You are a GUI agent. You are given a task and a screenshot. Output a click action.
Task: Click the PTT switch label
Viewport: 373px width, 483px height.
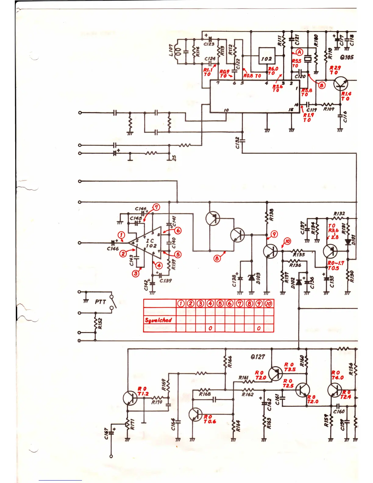click(100, 302)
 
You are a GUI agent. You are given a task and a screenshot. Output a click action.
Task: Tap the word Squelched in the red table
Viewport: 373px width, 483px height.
click(158, 320)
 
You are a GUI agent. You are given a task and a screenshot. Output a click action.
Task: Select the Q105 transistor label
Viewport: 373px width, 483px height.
click(347, 57)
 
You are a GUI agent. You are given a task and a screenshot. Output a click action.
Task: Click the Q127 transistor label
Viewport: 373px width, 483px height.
click(258, 357)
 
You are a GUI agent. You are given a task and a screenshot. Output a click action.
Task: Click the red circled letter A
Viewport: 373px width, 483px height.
click(300, 52)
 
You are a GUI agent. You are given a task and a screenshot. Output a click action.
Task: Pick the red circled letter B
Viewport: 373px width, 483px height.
click(322, 85)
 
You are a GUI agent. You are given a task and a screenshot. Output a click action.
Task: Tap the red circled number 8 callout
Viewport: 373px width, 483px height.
click(217, 259)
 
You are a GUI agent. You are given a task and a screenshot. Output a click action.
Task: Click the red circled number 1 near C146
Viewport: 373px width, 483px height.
click(121, 235)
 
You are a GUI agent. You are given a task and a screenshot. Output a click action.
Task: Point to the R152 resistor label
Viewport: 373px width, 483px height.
click(100, 324)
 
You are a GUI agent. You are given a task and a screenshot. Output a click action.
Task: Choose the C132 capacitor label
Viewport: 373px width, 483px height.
click(237, 143)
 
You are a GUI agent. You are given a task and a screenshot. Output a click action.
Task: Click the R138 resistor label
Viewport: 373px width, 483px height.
click(272, 215)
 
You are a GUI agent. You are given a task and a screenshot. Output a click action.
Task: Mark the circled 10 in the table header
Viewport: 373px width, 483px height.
click(269, 303)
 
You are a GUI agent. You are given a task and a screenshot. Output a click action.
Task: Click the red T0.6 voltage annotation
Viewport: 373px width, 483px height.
click(210, 421)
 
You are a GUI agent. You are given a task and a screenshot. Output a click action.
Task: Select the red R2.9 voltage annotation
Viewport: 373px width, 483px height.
click(335, 68)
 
